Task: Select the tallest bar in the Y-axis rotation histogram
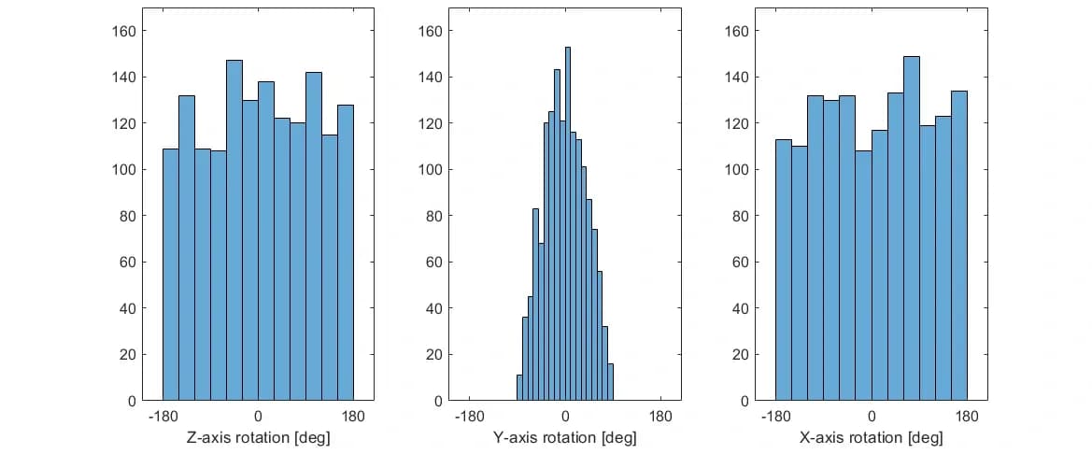click(567, 224)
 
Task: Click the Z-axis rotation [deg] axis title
click(258, 437)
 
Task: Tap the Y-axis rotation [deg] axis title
click(564, 437)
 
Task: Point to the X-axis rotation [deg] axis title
click(871, 437)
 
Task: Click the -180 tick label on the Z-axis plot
click(163, 417)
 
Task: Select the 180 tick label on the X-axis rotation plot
click(967, 417)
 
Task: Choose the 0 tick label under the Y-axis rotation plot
click(565, 417)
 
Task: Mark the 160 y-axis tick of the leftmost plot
click(124, 31)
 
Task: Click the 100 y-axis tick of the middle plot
click(431, 170)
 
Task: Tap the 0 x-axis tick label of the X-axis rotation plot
click(872, 417)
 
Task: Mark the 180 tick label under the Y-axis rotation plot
click(660, 417)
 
